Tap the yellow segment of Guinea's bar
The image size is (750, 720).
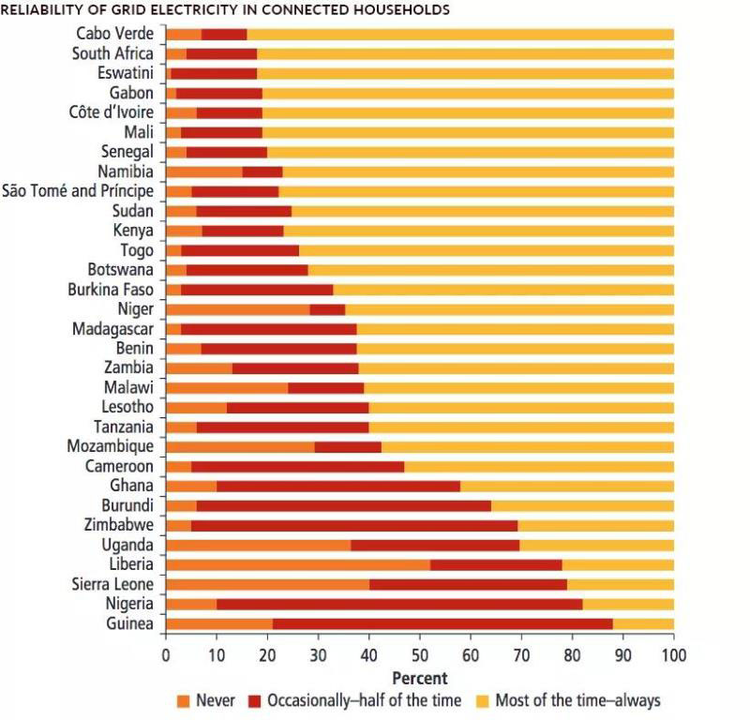click(643, 623)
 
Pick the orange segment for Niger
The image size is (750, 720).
click(237, 308)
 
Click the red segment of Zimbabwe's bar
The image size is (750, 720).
click(354, 525)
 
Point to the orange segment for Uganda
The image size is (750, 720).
click(258, 545)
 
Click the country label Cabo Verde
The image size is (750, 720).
click(115, 34)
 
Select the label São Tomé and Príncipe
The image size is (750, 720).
click(78, 191)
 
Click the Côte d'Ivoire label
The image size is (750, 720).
click(112, 112)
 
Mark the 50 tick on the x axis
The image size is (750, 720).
click(420, 654)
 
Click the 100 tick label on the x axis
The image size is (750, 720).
click(673, 654)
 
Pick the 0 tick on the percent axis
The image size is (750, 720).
click(166, 654)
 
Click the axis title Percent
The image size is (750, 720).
click(419, 678)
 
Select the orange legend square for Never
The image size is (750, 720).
click(184, 700)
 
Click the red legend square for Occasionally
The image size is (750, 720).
click(255, 700)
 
